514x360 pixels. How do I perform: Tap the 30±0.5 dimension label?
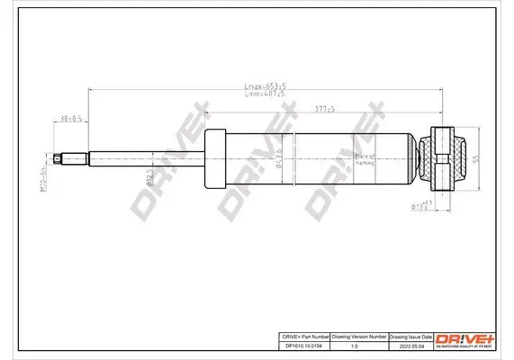point(70,118)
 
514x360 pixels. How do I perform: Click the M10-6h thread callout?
point(43,159)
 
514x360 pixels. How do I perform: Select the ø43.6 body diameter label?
point(280,157)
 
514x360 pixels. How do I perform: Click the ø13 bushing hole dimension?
point(420,208)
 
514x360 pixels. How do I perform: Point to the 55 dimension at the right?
point(475,157)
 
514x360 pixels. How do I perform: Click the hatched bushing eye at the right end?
point(446,157)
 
